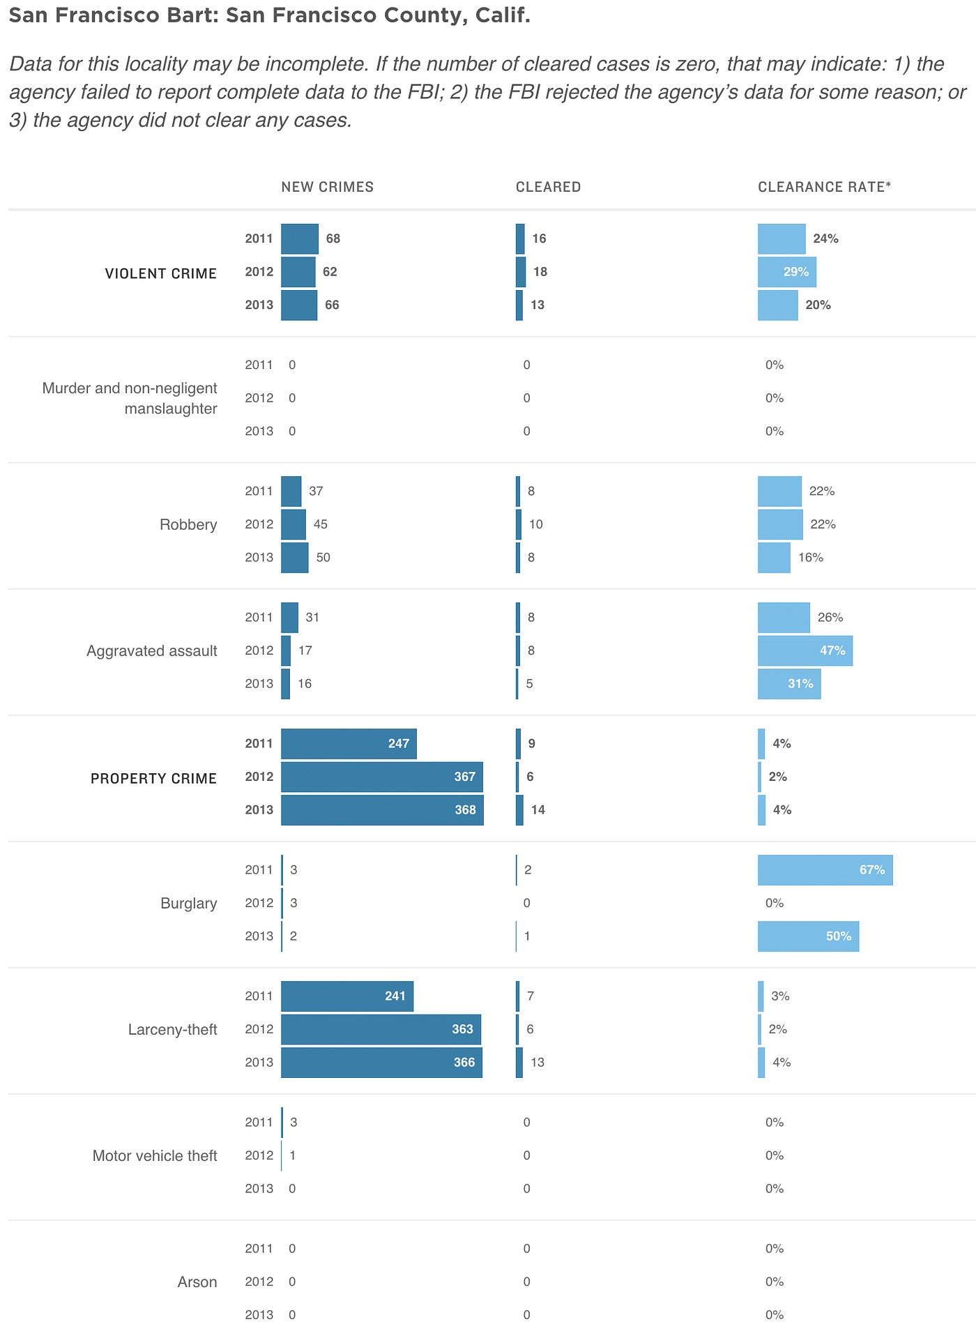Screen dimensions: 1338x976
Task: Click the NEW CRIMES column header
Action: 327,187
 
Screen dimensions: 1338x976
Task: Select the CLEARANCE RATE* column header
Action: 824,187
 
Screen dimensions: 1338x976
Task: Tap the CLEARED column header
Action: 548,187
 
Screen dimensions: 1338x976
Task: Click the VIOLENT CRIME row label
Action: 160,273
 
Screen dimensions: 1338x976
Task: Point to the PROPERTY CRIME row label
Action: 153,778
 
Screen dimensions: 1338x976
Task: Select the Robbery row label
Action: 188,524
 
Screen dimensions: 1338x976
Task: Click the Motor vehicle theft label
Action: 155,1155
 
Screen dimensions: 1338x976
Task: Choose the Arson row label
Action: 197,1282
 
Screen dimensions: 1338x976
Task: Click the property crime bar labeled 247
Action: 349,744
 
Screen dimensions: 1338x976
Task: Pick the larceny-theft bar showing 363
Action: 381,1029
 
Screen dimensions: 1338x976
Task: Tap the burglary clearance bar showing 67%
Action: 825,870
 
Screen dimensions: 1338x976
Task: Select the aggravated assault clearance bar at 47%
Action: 805,651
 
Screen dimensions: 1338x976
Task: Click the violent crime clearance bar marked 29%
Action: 786,272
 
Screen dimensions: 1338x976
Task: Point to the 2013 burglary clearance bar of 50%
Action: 808,936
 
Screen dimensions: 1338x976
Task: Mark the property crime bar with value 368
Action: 382,810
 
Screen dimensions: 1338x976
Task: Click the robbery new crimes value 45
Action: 321,524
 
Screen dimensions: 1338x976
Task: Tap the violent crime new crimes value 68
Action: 333,238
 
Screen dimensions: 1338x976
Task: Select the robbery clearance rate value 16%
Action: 811,558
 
